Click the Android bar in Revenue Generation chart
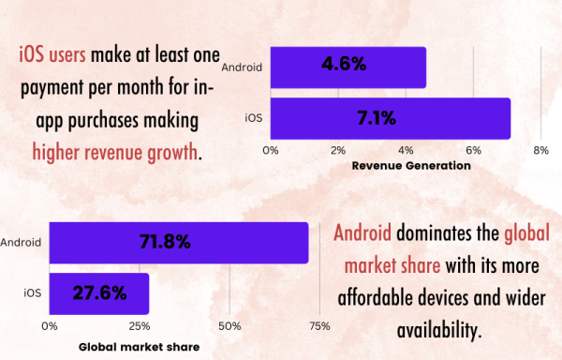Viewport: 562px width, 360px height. (348, 67)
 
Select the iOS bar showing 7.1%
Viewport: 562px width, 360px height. (391, 119)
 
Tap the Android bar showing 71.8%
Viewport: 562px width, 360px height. (178, 242)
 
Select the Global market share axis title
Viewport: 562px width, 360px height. (138, 346)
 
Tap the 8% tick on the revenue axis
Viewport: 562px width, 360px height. (540, 150)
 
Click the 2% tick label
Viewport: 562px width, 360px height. (338, 150)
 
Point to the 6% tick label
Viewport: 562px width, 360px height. (473, 150)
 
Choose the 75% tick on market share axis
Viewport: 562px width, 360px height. (319, 326)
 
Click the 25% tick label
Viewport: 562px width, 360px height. (139, 326)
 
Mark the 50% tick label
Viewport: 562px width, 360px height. (229, 326)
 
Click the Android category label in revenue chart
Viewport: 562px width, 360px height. (243, 67)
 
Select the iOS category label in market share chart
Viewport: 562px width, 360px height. (32, 293)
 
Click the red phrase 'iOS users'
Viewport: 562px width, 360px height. (53, 54)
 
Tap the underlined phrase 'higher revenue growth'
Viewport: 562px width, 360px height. (116, 152)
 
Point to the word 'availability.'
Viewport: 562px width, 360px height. (438, 329)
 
